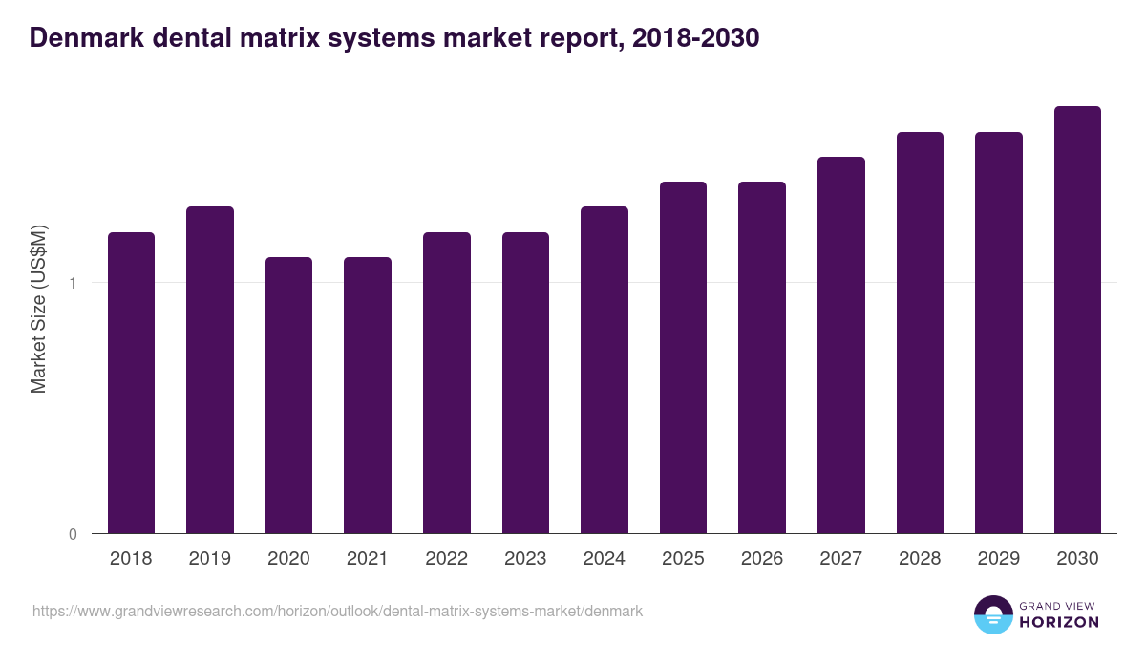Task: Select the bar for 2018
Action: click(131, 382)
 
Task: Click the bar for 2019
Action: click(210, 370)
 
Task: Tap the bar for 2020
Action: click(288, 395)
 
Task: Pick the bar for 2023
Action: click(525, 382)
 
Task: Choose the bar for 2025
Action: click(683, 357)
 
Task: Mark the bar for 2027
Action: click(841, 345)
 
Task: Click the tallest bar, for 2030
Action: click(1077, 320)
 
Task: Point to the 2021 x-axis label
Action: click(368, 559)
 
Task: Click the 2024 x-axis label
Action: click(605, 559)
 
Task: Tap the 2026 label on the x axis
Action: click(762, 559)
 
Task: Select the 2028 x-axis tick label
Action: click(920, 559)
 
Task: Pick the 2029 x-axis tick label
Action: click(999, 559)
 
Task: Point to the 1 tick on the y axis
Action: click(73, 283)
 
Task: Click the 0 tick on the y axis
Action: click(73, 534)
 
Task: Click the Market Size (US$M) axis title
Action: click(38, 309)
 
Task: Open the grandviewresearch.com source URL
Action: click(337, 611)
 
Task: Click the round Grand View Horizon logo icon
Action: click(992, 614)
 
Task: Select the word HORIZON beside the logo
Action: click(1060, 622)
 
